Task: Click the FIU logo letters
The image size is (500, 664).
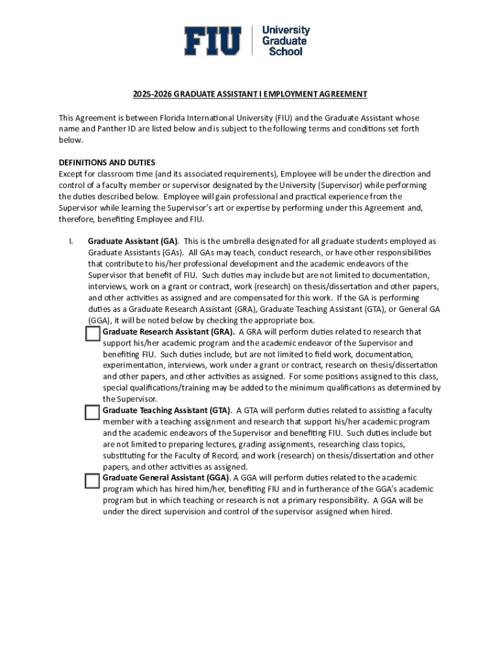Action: (x=212, y=41)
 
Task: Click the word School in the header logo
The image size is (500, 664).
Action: (x=286, y=51)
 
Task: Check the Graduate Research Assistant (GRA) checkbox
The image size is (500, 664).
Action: (x=93, y=333)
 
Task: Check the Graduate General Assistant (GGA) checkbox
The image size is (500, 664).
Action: (x=93, y=480)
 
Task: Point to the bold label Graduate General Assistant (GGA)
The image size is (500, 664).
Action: (x=166, y=478)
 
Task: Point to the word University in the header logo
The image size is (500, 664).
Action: (x=286, y=30)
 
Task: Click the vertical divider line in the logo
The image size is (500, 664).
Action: (x=251, y=41)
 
